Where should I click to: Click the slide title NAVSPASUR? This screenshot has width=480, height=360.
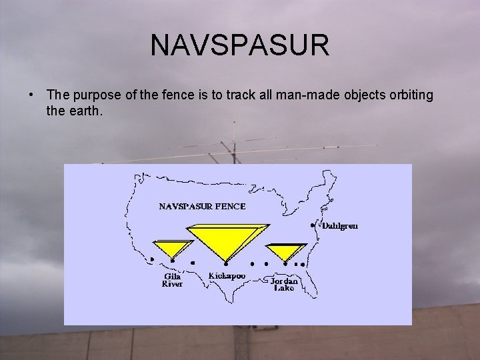point(240,45)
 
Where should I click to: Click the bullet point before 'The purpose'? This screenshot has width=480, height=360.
point(31,95)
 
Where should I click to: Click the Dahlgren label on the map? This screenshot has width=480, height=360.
point(340,226)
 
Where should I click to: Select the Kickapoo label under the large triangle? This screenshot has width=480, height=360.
point(227,275)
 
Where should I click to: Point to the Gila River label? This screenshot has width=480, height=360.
point(173,279)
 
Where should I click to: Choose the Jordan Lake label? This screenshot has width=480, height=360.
point(285,285)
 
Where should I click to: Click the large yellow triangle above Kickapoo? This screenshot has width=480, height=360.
point(225,239)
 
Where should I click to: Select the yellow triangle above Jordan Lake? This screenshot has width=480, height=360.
point(286,251)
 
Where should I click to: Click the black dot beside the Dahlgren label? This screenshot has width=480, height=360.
point(313,226)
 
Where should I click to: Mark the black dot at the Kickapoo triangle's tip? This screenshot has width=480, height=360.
point(226,264)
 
